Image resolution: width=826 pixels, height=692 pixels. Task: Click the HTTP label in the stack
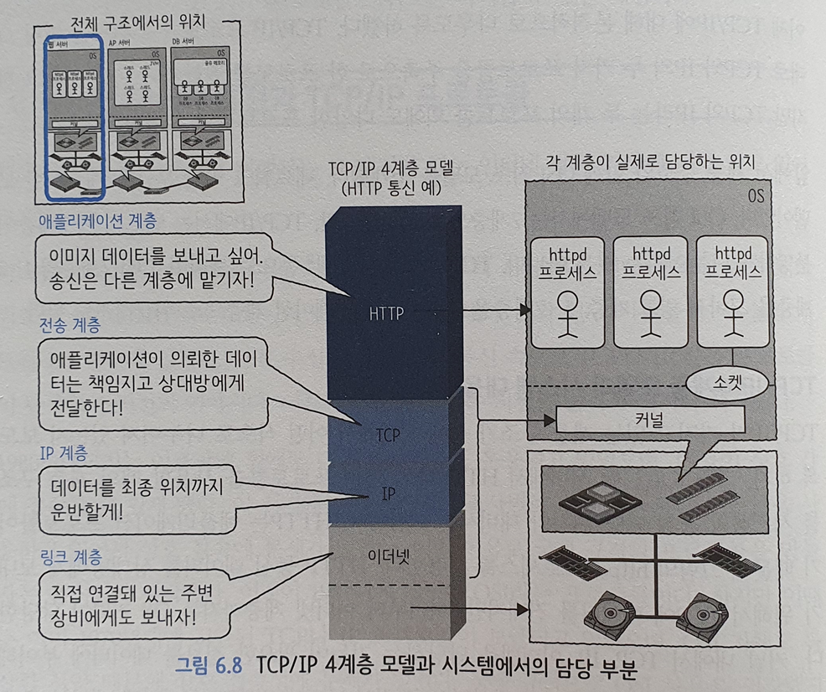pos(386,314)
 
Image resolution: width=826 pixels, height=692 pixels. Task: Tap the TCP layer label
pos(387,436)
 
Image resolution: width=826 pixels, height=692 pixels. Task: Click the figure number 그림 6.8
pos(206,669)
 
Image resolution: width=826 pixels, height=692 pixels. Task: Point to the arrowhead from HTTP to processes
pos(526,310)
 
